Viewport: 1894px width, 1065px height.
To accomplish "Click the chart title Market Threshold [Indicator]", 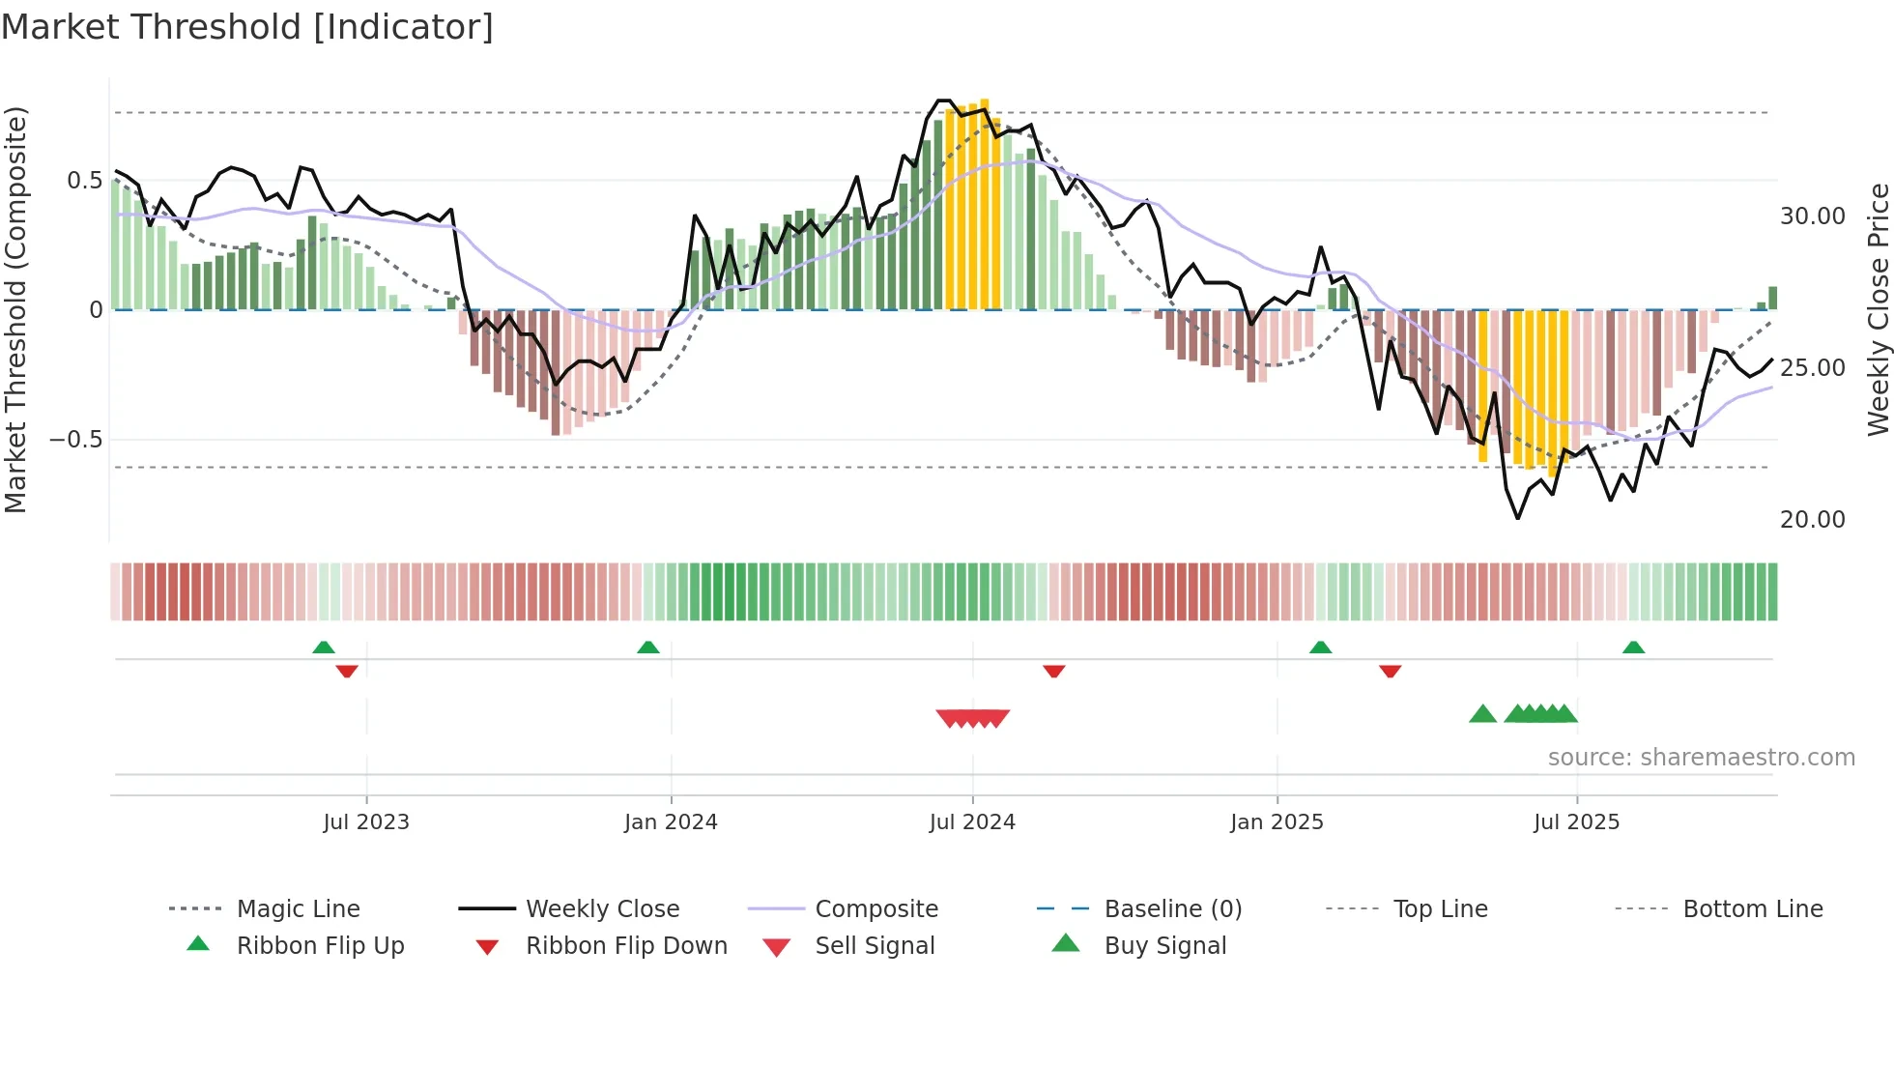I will (247, 27).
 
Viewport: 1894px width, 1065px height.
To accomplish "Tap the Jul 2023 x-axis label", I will (366, 822).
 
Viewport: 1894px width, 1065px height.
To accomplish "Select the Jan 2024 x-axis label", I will (671, 822).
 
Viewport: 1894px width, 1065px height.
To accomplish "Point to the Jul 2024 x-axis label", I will (972, 822).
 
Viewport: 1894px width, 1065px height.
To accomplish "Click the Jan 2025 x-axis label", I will (1277, 822).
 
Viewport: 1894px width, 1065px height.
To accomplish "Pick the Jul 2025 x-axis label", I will (1576, 822).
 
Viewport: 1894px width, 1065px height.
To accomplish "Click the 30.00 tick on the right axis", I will (1812, 216).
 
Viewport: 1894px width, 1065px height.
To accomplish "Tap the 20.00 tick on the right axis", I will (1812, 520).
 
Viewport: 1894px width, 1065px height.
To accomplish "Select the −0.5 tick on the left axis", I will (76, 440).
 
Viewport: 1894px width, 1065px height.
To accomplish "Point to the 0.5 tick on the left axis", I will (84, 181).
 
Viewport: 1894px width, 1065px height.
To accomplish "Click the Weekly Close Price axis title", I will (1878, 309).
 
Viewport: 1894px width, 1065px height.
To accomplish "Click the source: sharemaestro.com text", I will (1701, 758).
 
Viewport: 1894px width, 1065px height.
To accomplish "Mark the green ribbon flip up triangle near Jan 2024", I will (648, 648).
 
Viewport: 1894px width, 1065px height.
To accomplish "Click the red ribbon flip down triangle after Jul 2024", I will (1054, 671).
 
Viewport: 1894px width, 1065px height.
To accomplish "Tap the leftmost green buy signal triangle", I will (1482, 714).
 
